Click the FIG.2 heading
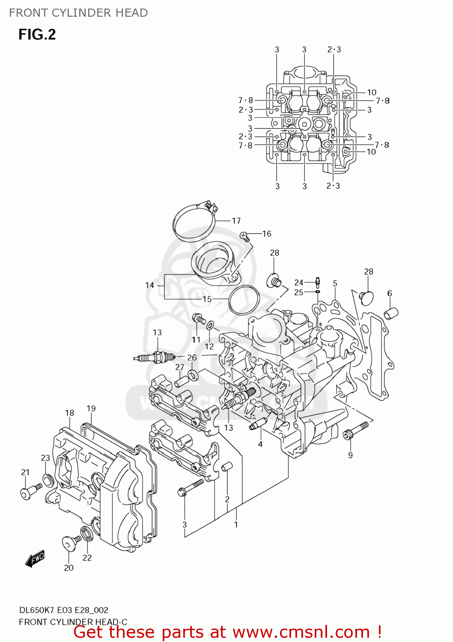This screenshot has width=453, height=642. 37,34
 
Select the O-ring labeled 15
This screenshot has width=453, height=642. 244,300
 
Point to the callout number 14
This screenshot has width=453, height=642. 149,285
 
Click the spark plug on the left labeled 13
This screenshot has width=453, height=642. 154,357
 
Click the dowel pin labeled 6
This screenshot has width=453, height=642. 391,313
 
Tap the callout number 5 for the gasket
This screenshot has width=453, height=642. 335,283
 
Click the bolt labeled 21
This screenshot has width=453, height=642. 30,491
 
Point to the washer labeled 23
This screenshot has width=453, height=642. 48,480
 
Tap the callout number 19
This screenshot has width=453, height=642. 91,408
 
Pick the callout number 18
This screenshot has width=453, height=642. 69,413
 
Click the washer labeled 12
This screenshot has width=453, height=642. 210,326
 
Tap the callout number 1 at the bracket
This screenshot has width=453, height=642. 235,524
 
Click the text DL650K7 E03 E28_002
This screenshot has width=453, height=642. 63,610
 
